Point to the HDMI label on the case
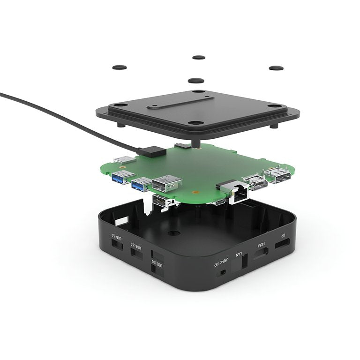261,245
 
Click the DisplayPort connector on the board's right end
277,177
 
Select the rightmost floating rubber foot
276,67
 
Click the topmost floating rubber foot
199,58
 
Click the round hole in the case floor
174,232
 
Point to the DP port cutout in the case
282,244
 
